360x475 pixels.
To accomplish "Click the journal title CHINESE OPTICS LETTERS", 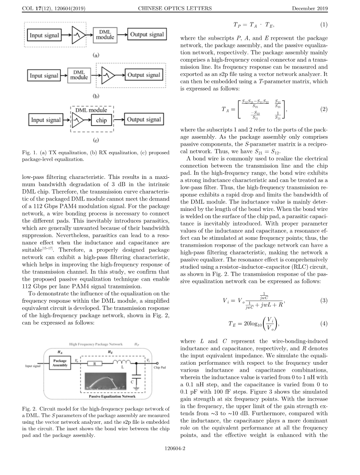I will point(180,8).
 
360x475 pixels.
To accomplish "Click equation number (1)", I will point(324,25).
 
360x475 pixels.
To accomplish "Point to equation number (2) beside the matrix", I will point(324,109).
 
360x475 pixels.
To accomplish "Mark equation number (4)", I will point(324,323).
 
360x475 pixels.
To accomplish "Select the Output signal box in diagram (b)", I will point(144,75).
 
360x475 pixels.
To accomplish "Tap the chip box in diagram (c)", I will point(101,120).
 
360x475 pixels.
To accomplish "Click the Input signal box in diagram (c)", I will point(46,120).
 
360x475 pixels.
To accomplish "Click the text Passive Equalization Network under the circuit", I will point(112,396).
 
